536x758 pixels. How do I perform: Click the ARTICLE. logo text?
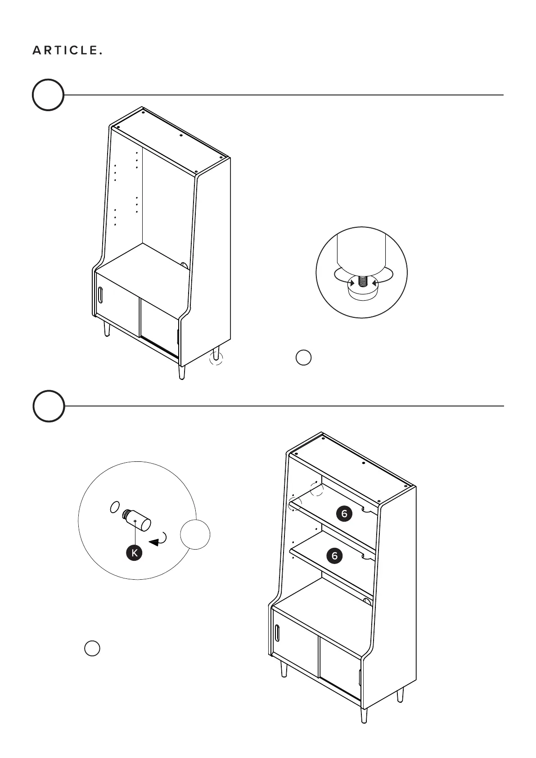pyautogui.click(x=67, y=50)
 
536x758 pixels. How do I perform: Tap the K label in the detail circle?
pyautogui.click(x=134, y=552)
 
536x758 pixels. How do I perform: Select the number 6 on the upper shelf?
pyautogui.click(x=344, y=514)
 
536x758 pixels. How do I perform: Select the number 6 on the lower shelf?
pyautogui.click(x=334, y=556)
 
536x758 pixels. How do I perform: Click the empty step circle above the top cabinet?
pyautogui.click(x=48, y=95)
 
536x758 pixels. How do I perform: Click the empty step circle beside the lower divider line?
pyautogui.click(x=49, y=406)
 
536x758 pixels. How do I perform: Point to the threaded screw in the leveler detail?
pyautogui.click(x=363, y=281)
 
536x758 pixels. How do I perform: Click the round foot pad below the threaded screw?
pyautogui.click(x=362, y=293)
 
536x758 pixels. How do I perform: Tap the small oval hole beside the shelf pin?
pyautogui.click(x=115, y=507)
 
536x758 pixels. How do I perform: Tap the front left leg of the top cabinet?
pyautogui.click(x=107, y=329)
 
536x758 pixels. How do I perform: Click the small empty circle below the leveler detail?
pyautogui.click(x=304, y=357)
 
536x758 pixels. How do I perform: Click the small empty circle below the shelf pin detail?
pyautogui.click(x=92, y=648)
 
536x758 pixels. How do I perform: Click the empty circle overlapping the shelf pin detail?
pyautogui.click(x=195, y=534)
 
